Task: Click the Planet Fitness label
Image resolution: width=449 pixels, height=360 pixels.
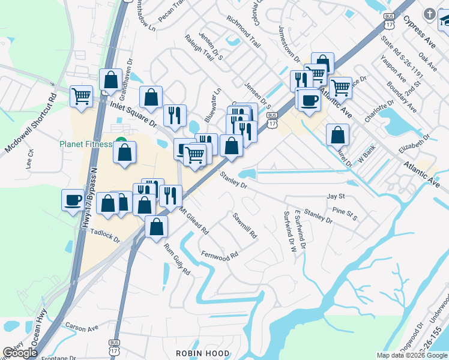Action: point(86,144)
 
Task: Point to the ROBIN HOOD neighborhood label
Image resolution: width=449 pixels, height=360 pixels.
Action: point(195,353)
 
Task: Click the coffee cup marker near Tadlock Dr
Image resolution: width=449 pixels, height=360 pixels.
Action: point(73,200)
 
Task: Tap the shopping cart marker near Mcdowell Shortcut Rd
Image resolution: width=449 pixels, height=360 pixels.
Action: point(80,96)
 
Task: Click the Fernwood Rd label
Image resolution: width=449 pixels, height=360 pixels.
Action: point(220,255)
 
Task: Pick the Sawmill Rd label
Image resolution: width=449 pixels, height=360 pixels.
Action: point(245,226)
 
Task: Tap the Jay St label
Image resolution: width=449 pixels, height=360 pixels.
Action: point(336,196)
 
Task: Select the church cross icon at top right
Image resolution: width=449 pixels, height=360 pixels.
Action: point(429,14)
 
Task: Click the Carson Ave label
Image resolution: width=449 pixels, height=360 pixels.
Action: point(82,329)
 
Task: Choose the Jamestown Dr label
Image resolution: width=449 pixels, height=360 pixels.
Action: point(289,44)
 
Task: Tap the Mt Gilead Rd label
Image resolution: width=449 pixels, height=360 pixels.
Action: point(193,221)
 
